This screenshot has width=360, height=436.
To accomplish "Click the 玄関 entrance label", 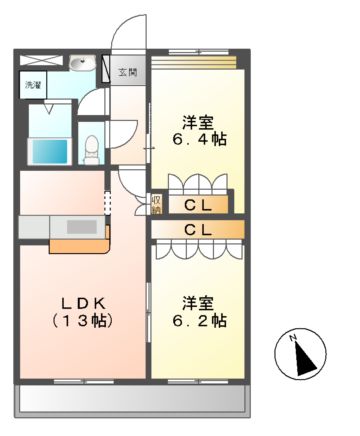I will point(130,73).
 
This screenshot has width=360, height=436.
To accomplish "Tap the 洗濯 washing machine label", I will point(31,86).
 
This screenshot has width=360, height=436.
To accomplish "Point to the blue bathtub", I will point(50,152).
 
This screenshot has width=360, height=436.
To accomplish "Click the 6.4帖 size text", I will point(198,140).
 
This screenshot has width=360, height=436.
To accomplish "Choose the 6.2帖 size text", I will point(198,321).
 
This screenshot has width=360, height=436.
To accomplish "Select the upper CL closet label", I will point(196,204).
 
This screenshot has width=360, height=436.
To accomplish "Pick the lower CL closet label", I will point(196,230).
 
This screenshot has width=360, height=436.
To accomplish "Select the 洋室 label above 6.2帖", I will point(198,302).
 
